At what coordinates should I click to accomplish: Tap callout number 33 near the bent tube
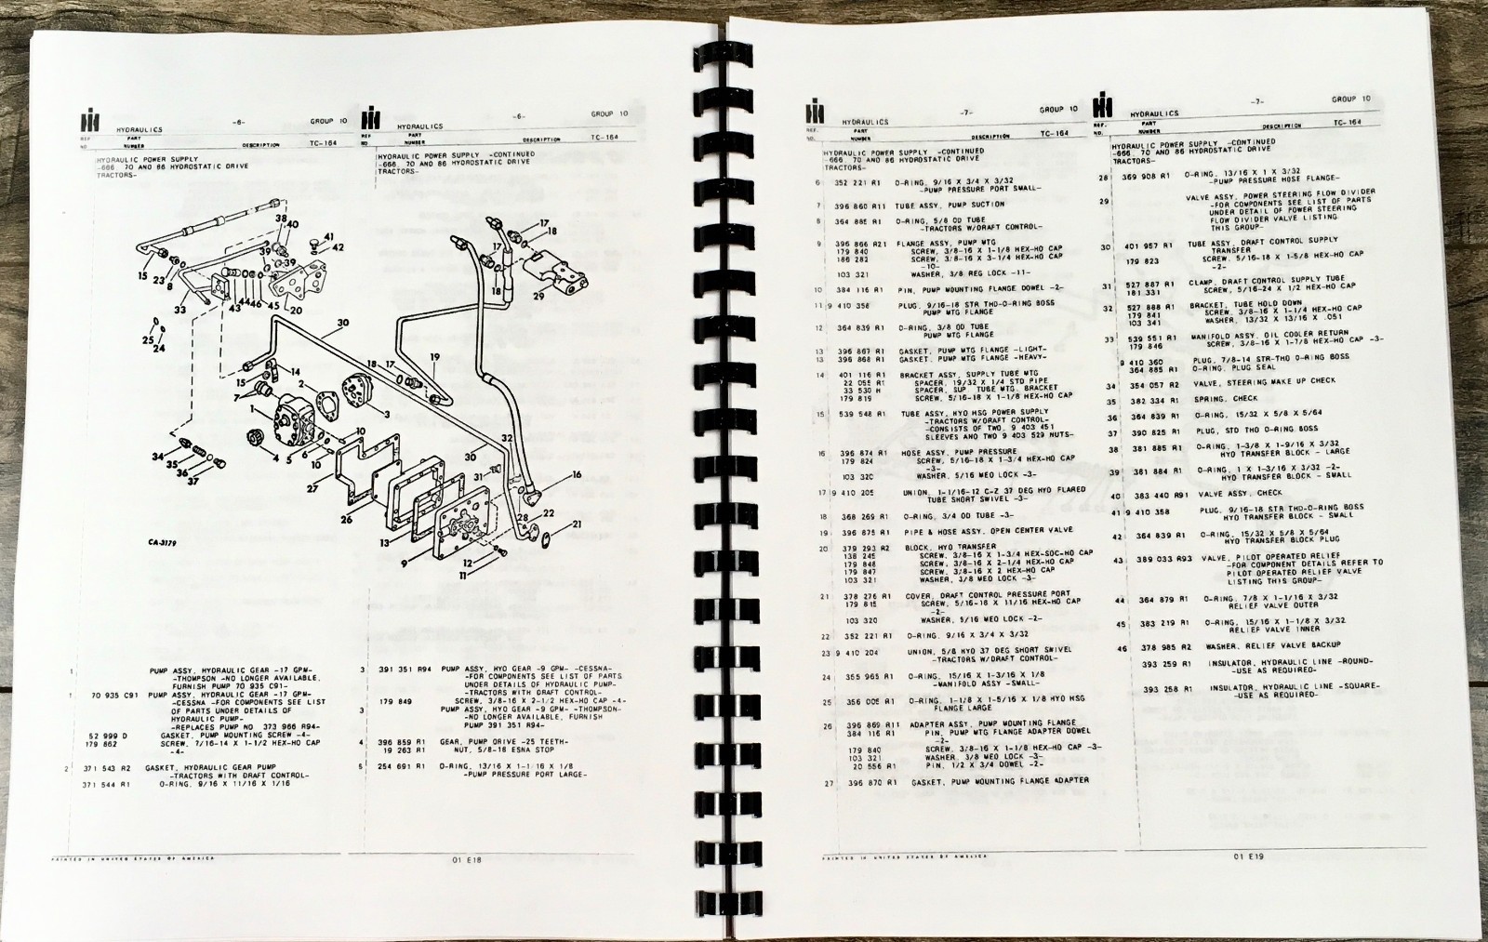(x=179, y=311)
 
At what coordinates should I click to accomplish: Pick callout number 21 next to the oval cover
(x=577, y=524)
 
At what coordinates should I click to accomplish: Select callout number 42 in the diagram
(x=339, y=247)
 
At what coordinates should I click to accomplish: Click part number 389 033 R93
(x=1156, y=560)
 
